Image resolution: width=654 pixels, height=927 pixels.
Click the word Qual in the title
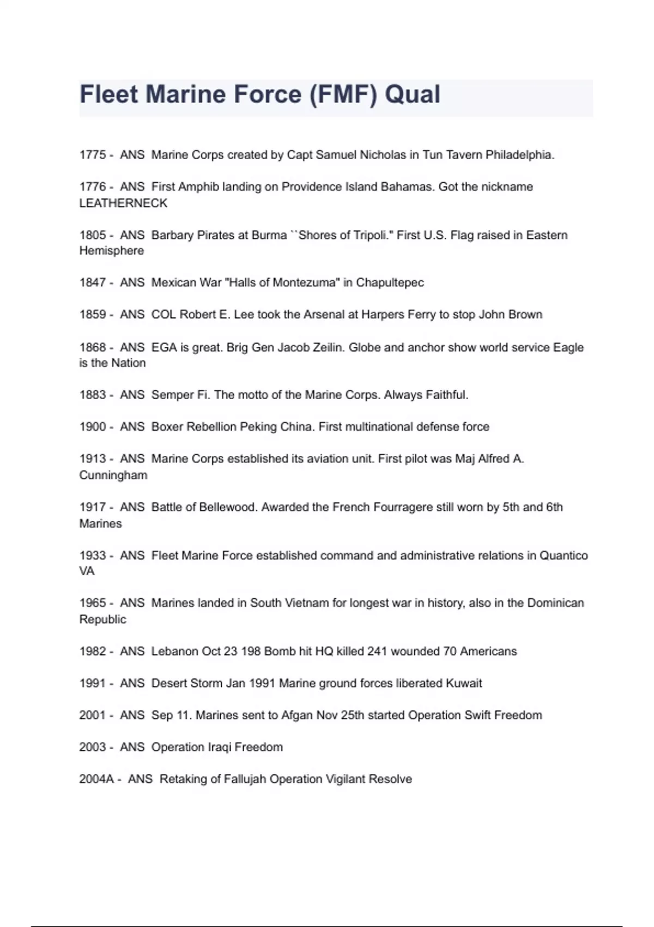413,94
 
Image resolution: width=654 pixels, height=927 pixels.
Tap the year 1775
93,155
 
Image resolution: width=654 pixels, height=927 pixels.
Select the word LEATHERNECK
123,203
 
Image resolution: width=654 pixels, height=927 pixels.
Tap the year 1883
93,395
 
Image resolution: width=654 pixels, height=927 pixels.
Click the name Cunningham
113,475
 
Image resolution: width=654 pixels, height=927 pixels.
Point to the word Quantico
564,556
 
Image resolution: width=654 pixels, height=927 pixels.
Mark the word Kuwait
464,683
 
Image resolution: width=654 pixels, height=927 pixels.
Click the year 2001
93,715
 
